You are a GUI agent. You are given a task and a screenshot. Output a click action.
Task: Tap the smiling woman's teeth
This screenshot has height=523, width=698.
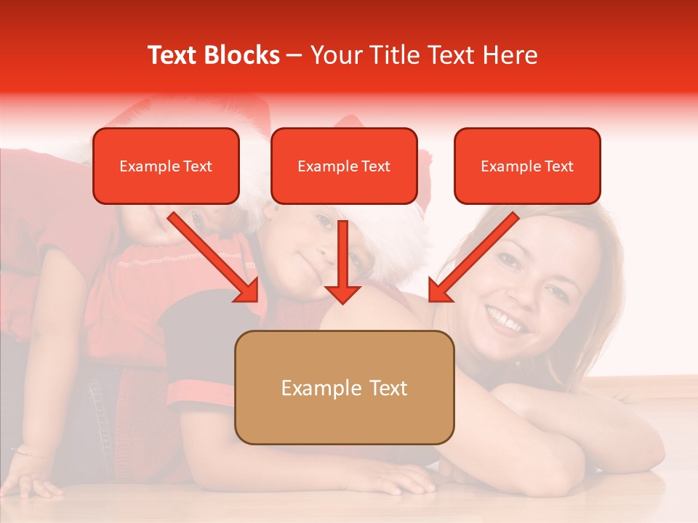tap(508, 320)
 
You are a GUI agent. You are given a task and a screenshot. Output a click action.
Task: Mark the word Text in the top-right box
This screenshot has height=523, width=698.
tap(558, 166)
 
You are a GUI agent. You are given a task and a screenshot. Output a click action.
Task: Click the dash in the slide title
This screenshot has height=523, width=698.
tap(294, 56)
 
